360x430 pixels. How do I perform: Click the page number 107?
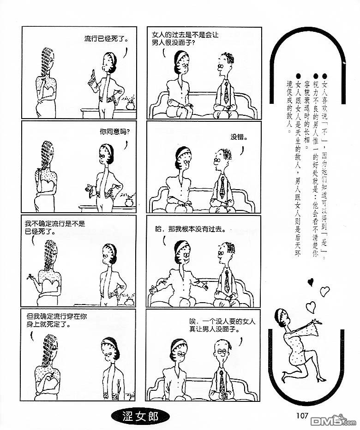tap(302, 416)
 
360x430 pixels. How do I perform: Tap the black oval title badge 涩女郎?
tap(140, 417)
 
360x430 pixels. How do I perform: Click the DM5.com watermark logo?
tap(333, 422)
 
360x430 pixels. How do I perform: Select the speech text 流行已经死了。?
tap(106, 39)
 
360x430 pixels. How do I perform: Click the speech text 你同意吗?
tap(114, 132)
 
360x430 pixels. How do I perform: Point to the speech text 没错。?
tap(239, 137)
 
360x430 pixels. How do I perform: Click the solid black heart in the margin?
tap(311, 281)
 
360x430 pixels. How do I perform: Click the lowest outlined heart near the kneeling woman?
tap(311, 307)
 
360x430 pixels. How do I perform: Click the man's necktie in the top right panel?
tap(226, 92)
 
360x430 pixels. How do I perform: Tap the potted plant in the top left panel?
tap(130, 103)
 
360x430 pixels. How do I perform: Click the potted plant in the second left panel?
tap(129, 200)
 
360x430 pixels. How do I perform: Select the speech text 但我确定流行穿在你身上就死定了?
tap(56, 320)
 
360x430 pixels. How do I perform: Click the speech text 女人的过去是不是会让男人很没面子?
tap(185, 39)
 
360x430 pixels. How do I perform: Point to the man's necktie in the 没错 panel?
tap(222, 188)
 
